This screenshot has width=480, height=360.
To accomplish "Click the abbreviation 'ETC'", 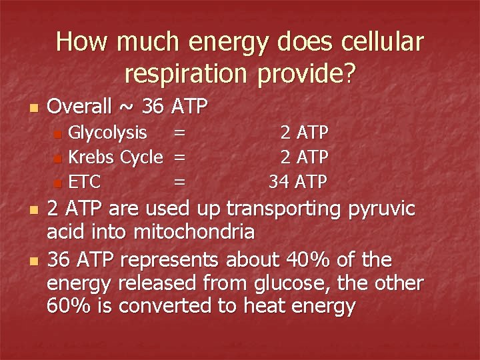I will (84, 181).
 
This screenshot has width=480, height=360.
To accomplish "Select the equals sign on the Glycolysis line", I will (179, 133).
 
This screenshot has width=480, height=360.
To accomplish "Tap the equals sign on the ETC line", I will (179, 181).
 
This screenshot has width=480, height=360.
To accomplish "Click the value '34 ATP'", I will (298, 181).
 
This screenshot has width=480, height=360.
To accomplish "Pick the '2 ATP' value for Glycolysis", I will (304, 133).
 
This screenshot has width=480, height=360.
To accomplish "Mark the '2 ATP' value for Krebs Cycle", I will (304, 157).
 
